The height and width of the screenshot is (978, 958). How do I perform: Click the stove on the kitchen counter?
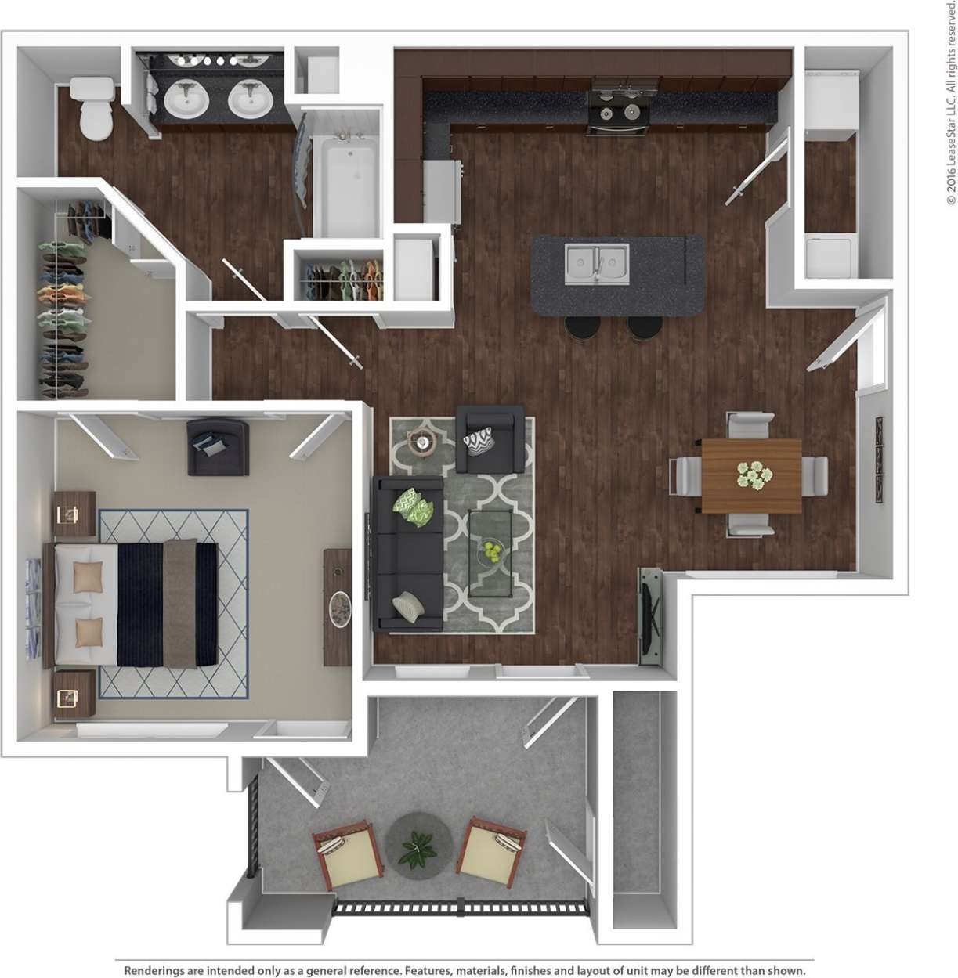pyautogui.click(x=620, y=106)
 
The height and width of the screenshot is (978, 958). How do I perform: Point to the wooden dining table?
pyautogui.click(x=751, y=475)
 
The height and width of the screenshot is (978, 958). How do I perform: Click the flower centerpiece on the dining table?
pyautogui.click(x=754, y=475)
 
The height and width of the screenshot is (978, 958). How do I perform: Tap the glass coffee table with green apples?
pyautogui.click(x=490, y=542)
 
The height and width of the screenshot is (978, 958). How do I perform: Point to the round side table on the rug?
pyautogui.click(x=423, y=443)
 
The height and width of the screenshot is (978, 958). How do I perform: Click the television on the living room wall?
pyautogui.click(x=649, y=617)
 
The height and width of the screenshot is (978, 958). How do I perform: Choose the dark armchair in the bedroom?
pyautogui.click(x=218, y=447)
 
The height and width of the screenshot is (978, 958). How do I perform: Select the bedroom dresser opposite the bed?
pyautogui.click(x=338, y=607)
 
